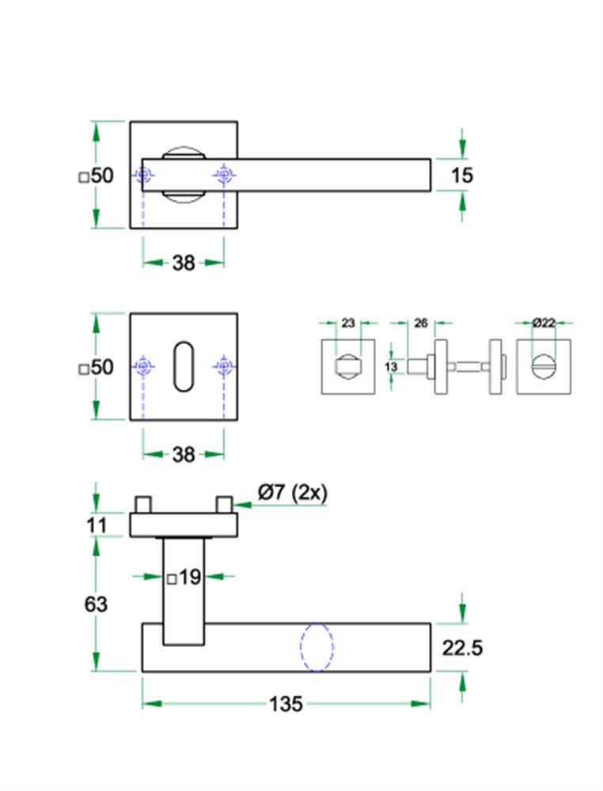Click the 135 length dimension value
tap(286, 703)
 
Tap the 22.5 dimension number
tap(462, 649)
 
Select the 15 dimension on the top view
tap(461, 175)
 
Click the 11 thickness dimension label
tap(96, 524)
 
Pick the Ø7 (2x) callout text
tap(292, 492)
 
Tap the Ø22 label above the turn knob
tap(544, 323)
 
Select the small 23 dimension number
tap(347, 323)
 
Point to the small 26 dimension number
tap(421, 323)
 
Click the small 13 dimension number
tap(390, 366)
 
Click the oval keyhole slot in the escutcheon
tap(184, 366)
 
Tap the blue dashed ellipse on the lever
tap(317, 647)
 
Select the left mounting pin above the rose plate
tap(143, 504)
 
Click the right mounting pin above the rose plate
tap(224, 504)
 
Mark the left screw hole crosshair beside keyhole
tap(143, 366)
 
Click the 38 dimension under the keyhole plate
tap(184, 454)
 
